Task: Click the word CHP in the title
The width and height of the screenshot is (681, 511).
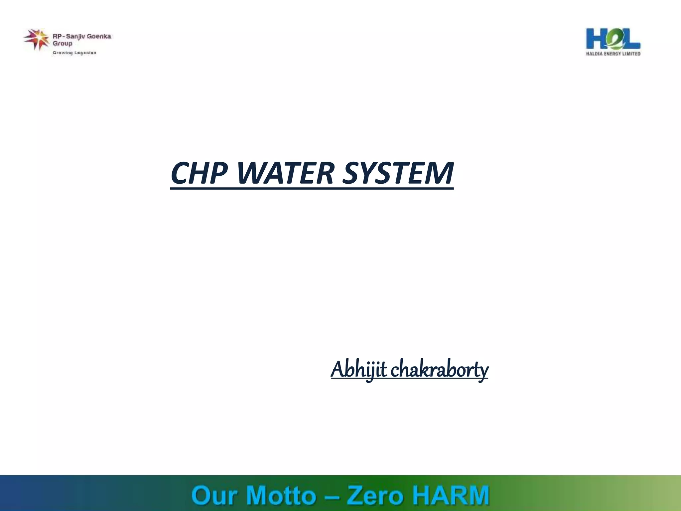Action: (199, 173)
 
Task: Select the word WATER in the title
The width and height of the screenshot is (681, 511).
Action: (285, 173)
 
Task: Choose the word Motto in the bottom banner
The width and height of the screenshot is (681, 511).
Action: (281, 495)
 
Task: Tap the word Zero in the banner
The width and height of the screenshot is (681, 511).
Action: (374, 495)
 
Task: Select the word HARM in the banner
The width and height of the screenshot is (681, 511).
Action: (451, 495)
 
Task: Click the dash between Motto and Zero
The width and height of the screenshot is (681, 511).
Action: (332, 496)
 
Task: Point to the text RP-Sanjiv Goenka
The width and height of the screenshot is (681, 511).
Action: (82, 36)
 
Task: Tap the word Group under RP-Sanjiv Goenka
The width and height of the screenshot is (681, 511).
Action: (62, 44)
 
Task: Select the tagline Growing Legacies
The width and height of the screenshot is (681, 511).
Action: (74, 53)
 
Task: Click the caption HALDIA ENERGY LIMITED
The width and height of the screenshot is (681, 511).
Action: (613, 54)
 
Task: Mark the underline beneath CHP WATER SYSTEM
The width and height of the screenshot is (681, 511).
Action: (312, 189)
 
